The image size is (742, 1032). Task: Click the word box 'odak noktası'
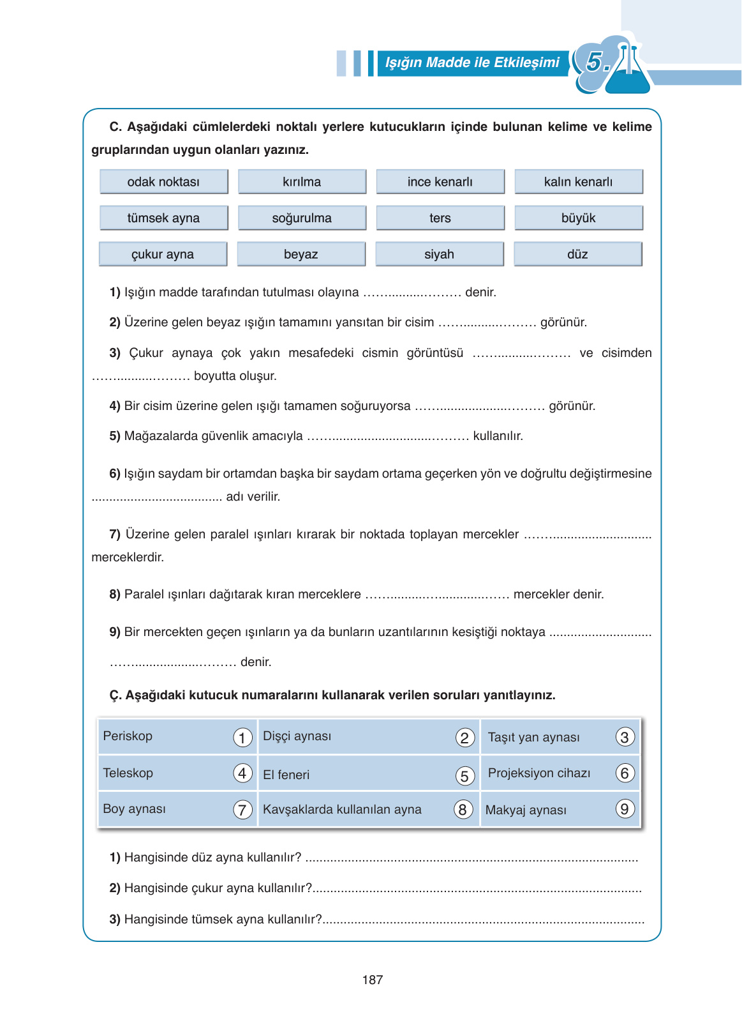point(163,182)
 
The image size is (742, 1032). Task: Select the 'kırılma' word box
point(302,182)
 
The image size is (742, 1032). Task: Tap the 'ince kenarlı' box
point(440,182)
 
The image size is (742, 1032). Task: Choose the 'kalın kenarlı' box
point(578,182)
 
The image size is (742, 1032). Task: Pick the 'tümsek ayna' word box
point(163,218)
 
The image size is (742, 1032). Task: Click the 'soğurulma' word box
point(302,218)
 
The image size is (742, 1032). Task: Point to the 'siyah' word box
point(439,254)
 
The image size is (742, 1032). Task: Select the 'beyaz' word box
point(301,254)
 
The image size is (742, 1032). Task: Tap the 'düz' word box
point(577,254)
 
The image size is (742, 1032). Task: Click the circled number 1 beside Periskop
point(242,738)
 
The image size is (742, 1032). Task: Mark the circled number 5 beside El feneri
point(464,776)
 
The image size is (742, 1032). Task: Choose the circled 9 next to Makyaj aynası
point(625,809)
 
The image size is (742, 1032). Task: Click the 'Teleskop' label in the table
point(128,773)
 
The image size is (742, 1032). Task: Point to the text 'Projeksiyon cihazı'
point(539,773)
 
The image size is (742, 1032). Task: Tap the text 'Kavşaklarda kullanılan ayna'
point(342,810)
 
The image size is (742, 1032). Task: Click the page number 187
point(373,980)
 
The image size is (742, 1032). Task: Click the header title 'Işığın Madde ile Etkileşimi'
point(472,63)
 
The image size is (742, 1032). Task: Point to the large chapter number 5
point(595,62)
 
